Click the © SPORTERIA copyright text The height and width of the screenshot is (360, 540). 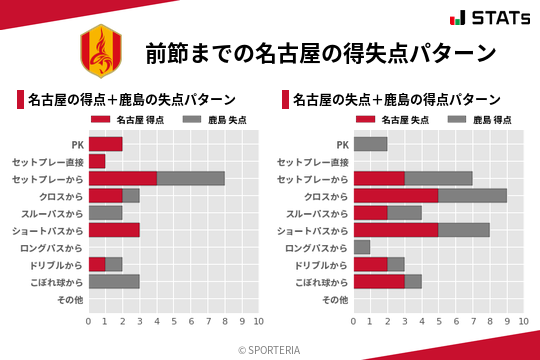pyautogui.click(x=270, y=349)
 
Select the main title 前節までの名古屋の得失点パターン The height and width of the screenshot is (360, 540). pyautogui.click(x=321, y=51)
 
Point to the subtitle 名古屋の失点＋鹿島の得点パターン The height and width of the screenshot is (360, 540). pyautogui.click(x=398, y=100)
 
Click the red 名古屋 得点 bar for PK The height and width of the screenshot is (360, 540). pyautogui.click(x=106, y=144)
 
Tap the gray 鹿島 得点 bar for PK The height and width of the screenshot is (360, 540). pyautogui.click(x=370, y=144)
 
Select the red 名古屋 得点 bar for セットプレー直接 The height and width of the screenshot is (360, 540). pyautogui.click(x=97, y=161)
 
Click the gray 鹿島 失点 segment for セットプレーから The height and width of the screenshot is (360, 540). pyautogui.click(x=190, y=179)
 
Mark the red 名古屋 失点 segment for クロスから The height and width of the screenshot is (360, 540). pyautogui.click(x=396, y=196)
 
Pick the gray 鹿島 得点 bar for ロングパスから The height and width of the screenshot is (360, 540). pyautogui.click(x=362, y=247)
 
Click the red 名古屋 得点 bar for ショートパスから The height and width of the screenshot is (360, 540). pyautogui.click(x=114, y=230)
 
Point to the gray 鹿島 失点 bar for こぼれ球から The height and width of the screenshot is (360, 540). pyautogui.click(x=114, y=282)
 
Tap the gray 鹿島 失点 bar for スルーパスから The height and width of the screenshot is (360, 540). pyautogui.click(x=106, y=213)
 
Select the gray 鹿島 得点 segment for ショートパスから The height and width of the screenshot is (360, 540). pyautogui.click(x=464, y=230)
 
